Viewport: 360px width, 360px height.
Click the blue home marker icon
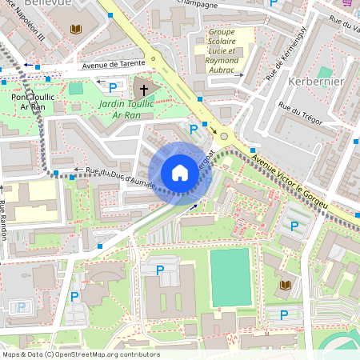pyautogui.click(x=180, y=173)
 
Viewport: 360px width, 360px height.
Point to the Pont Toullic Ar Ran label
pyautogui.click(x=33, y=102)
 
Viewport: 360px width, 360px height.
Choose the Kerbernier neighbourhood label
pyautogui.click(x=315, y=82)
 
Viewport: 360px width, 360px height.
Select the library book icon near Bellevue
pyautogui.click(x=76, y=30)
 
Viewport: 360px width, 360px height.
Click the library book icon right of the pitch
pyautogui.click(x=285, y=285)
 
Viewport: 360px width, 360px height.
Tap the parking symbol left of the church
pyautogui.click(x=113, y=86)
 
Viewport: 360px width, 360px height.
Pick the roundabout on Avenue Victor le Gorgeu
pyautogui.click(x=224, y=136)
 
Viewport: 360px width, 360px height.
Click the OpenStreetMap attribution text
pyautogui.click(x=80, y=354)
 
